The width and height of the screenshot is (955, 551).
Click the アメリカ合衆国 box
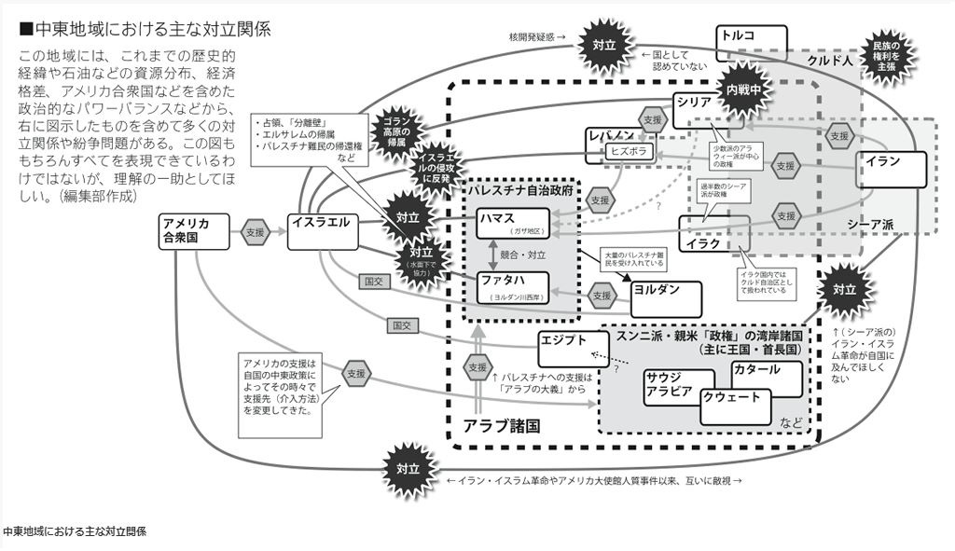click(194, 231)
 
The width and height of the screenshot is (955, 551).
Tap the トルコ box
click(751, 43)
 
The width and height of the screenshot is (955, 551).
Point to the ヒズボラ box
click(630, 150)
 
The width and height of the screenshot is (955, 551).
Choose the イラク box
click(713, 235)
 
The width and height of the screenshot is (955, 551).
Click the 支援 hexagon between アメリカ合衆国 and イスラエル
click(255, 231)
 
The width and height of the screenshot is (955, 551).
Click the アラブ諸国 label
click(502, 425)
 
